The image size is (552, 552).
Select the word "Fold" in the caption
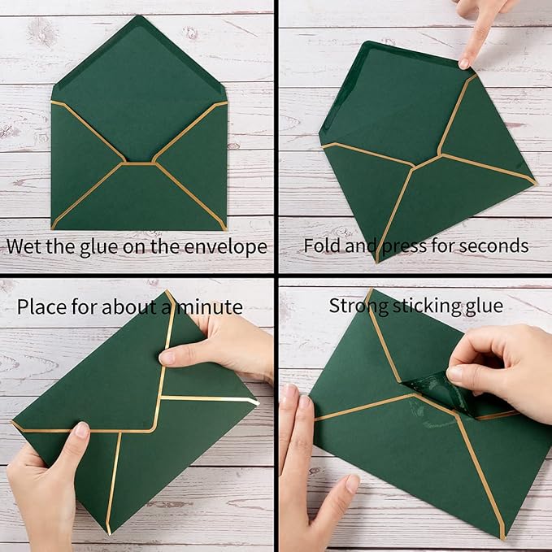320,246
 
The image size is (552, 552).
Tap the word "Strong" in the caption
356,306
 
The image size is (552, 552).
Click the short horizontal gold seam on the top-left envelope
140,163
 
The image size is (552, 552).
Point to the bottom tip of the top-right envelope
377,261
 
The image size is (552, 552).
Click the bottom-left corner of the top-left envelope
53,228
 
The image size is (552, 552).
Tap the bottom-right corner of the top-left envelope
225,228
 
